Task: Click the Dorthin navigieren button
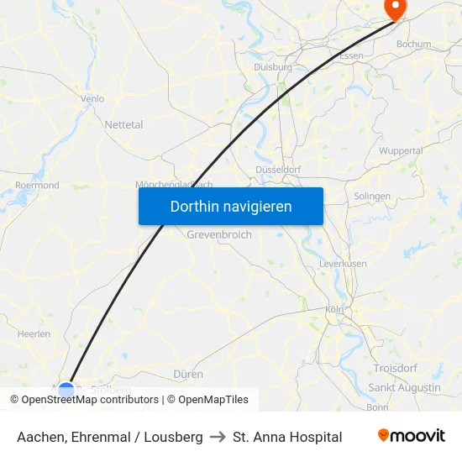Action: [231, 206]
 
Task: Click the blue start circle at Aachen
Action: [66, 390]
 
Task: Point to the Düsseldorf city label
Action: [277, 169]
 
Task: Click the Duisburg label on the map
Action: [273, 66]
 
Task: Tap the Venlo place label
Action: [92, 98]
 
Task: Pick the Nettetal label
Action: [123, 124]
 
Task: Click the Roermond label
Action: [37, 185]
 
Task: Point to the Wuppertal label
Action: [401, 150]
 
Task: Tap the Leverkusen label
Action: [343, 263]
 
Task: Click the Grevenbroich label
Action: [219, 235]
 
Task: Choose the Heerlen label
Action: [34, 333]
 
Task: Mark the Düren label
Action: [188, 373]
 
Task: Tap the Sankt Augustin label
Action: [404, 387]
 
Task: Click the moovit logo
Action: [411, 436]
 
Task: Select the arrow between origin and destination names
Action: [218, 437]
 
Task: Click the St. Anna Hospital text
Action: [287, 437]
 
